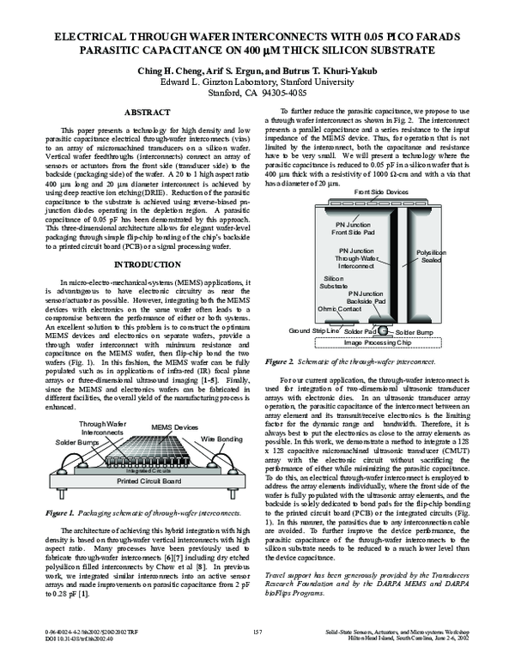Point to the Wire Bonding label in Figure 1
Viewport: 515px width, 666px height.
(x=220, y=439)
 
